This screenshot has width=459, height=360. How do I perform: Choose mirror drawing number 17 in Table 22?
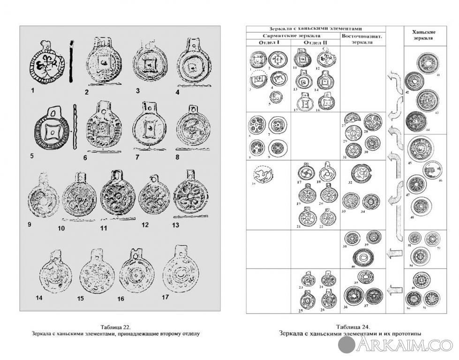tap(181, 269)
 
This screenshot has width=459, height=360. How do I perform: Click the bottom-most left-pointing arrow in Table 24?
tap(394, 285)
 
